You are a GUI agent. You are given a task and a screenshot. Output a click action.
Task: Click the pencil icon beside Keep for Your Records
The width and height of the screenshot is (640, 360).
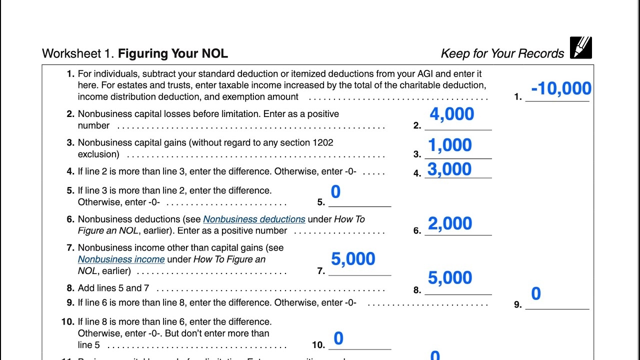coord(580,48)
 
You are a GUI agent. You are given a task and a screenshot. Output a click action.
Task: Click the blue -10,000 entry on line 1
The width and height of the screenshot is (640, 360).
coord(561,89)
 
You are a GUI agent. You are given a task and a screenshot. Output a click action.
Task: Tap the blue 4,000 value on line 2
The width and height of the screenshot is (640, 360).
coord(452,114)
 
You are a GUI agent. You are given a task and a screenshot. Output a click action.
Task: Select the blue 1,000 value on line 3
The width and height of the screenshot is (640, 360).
coord(450,145)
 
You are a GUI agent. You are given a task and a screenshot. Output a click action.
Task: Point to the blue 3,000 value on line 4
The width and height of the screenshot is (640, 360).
coord(449,169)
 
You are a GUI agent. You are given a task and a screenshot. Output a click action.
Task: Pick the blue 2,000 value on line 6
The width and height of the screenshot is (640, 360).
coord(450,224)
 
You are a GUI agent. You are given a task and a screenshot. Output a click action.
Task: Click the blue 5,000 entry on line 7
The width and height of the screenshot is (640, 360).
coord(353,259)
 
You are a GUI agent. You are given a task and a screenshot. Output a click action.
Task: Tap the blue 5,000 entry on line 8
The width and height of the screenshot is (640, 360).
coord(450,278)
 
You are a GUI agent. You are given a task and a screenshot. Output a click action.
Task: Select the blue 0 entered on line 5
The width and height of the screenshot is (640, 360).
coord(336,192)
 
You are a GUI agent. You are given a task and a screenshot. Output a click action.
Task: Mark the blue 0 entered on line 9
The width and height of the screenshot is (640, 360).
coord(536,294)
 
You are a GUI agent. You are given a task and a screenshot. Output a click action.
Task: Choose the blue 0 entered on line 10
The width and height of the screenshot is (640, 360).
coord(338,338)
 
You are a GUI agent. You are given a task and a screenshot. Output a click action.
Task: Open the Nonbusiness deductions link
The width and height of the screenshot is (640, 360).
coord(254,219)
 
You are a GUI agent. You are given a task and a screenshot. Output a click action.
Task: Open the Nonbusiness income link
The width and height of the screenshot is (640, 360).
coord(121,259)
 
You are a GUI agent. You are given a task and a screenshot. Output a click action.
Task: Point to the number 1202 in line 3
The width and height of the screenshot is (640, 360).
coord(322,142)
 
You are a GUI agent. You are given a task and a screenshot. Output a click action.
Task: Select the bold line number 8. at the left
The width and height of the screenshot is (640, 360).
coord(70,288)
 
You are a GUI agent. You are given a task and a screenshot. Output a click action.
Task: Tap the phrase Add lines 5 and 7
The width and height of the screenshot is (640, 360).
coord(113,288)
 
